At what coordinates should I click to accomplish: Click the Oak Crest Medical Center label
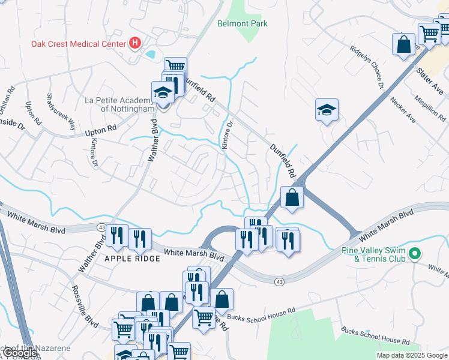pos(79,43)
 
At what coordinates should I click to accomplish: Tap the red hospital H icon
pos(135,43)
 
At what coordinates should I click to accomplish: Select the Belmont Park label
pos(242,23)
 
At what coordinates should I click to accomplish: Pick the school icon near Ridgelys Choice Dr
pos(327,110)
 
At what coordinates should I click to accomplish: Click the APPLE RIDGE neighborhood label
pos(133,259)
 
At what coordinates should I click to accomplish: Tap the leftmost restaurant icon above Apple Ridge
pos(117,236)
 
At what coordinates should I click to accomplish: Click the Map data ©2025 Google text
pos(412,355)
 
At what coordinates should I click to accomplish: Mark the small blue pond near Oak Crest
pos(149,54)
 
